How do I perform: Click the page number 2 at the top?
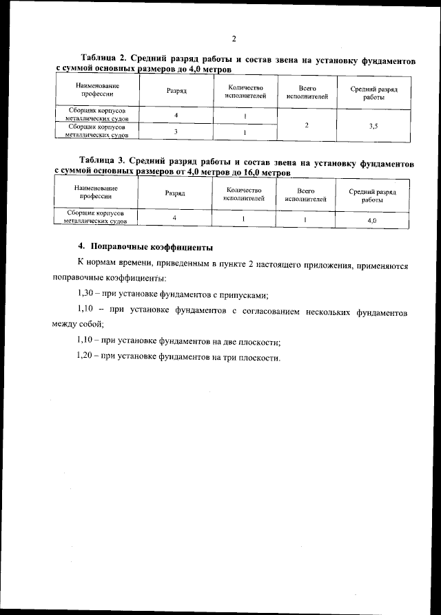click(x=234, y=38)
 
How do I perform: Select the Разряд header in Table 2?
click(x=176, y=91)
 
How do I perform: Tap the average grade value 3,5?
click(x=373, y=126)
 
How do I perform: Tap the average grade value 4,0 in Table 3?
click(x=372, y=220)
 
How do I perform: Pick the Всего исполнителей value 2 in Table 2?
click(x=306, y=126)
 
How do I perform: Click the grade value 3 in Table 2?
click(x=176, y=131)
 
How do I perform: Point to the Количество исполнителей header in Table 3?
click(x=244, y=194)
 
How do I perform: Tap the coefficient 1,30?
click(x=87, y=294)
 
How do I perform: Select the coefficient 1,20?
click(x=87, y=358)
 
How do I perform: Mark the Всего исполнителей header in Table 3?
click(x=306, y=194)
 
